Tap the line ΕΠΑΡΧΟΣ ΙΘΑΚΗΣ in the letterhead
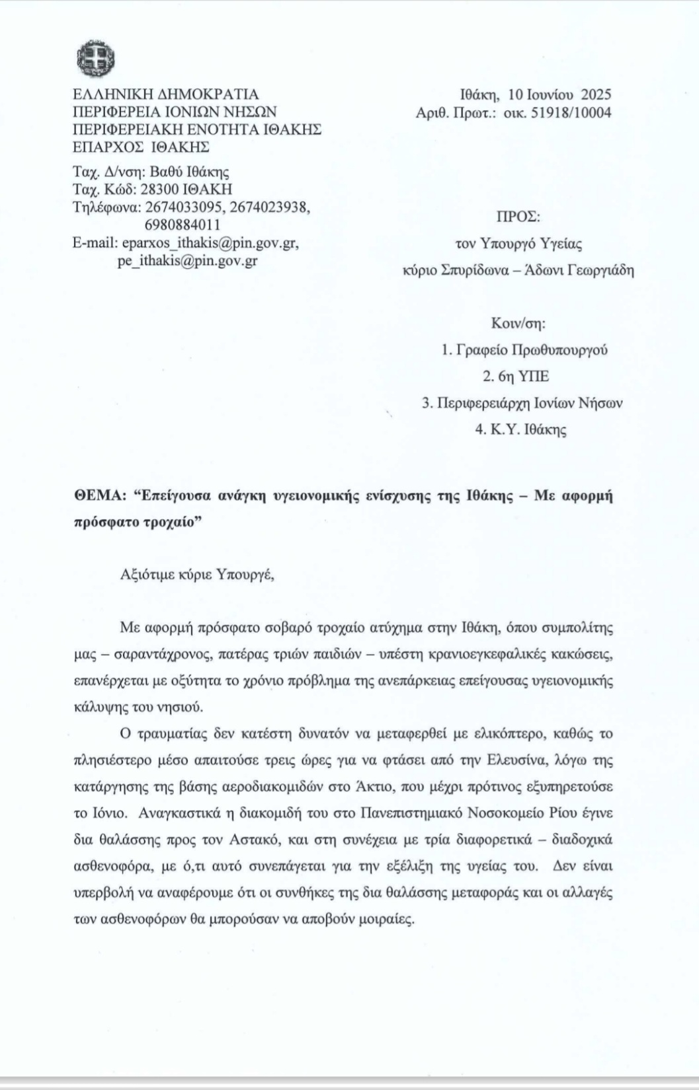tap(141, 146)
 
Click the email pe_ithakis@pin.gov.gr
tap(187, 260)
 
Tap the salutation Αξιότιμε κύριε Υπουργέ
tap(196, 573)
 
